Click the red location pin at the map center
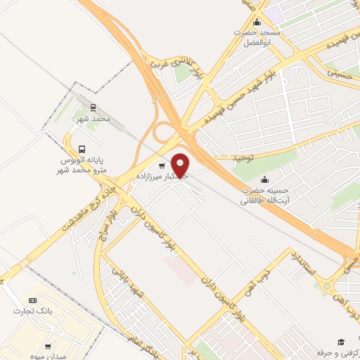pos(181,165)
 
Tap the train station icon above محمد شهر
pos(92,108)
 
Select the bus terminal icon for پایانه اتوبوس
pos(83,149)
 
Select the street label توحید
pos(243,157)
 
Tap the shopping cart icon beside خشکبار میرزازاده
pos(162,166)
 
